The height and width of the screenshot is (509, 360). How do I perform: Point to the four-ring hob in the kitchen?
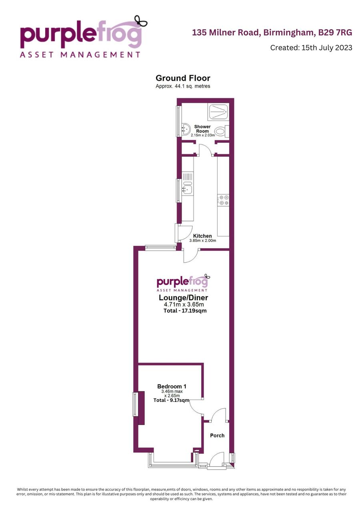pyautogui.click(x=223, y=200)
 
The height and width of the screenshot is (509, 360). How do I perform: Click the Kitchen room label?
pyautogui.click(x=202, y=236)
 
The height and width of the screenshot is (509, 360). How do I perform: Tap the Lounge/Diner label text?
pyautogui.click(x=183, y=297)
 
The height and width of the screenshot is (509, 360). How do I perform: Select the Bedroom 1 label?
pyautogui.click(x=172, y=386)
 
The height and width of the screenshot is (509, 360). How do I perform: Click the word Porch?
pyautogui.click(x=217, y=435)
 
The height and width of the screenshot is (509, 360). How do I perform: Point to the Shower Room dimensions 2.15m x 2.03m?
pyautogui.click(x=203, y=135)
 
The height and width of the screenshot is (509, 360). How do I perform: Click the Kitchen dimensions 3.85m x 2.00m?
pyautogui.click(x=203, y=240)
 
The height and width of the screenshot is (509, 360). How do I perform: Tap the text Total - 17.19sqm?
pyautogui.click(x=185, y=311)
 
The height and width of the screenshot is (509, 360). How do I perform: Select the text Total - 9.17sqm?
pyautogui.click(x=171, y=400)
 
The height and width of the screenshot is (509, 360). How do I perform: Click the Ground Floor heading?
pyautogui.click(x=183, y=78)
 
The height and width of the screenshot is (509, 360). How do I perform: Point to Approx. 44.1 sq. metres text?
pyautogui.click(x=183, y=86)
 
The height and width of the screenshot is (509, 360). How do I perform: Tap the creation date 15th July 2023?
pyautogui.click(x=327, y=48)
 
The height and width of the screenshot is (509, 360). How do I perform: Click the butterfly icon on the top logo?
pyautogui.click(x=141, y=21)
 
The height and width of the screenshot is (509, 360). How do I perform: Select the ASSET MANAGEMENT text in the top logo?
pyautogui.click(x=80, y=55)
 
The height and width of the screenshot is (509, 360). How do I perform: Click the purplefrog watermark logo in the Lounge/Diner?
pyautogui.click(x=183, y=283)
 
